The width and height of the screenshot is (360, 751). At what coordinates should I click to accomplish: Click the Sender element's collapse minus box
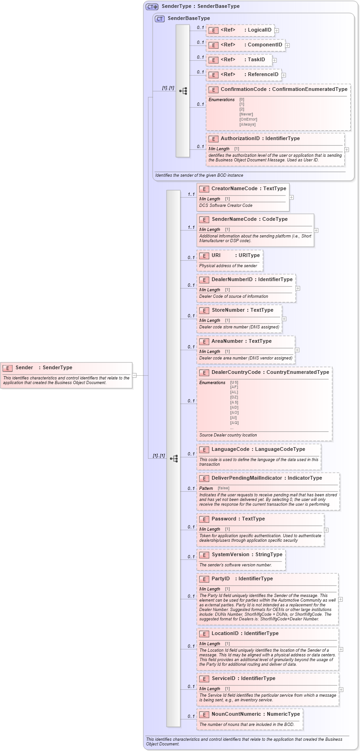134,375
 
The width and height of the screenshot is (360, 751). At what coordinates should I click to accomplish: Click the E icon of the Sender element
7,368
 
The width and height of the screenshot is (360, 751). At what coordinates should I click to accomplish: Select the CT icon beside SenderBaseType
160,19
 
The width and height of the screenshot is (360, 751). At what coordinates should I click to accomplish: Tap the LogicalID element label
259,30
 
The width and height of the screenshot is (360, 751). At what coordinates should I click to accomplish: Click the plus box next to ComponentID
288,45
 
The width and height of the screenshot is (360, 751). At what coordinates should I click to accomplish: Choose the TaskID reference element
256,60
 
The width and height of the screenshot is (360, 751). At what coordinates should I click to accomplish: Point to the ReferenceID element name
263,75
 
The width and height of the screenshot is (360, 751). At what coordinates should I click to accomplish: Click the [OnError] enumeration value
248,119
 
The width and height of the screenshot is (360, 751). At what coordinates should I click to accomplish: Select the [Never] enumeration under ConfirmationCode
246,114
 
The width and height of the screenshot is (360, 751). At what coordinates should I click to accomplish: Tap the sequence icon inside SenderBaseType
183,91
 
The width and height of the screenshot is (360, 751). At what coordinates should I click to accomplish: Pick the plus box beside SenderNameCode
316,230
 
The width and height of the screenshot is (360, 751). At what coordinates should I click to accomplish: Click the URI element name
216,256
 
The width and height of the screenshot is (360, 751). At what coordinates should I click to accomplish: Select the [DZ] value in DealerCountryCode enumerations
234,397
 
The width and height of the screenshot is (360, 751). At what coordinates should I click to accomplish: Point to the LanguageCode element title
230,449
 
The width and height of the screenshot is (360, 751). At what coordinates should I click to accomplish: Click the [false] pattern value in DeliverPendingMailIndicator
223,488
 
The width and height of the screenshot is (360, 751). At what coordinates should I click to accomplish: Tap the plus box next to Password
326,530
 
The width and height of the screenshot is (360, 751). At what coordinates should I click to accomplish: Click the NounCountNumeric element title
236,714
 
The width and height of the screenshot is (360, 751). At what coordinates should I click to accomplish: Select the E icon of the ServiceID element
204,679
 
